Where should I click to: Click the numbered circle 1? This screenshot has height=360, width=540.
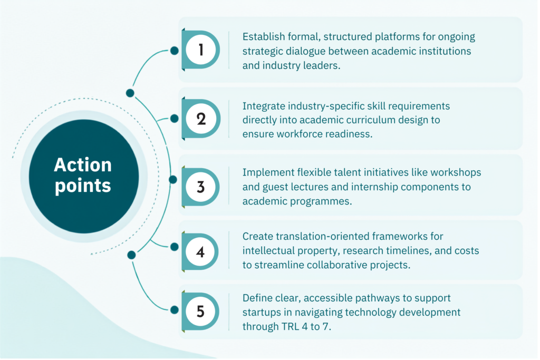pos(201,50)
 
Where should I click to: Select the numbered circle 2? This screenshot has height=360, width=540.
pos(201,119)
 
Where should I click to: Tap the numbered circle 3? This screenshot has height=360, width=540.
pos(201,187)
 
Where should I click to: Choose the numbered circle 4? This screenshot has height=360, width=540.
pos(200,251)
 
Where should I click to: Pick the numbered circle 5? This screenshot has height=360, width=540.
pos(200,312)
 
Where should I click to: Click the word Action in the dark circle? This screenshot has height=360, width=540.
pos(83,165)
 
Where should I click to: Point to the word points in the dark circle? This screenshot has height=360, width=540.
pos(83,186)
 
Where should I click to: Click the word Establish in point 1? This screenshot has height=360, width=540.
pos(264,36)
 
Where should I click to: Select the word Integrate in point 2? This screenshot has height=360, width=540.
pos(264,106)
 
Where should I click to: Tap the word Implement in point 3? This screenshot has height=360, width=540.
pos(268,172)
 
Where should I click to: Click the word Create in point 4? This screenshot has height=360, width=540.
pos(257,237)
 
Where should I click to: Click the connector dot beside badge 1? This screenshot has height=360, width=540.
pos(174,51)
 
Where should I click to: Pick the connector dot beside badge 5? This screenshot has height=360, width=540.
pos(174,310)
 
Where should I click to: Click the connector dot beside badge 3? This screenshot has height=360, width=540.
pos(173,179)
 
